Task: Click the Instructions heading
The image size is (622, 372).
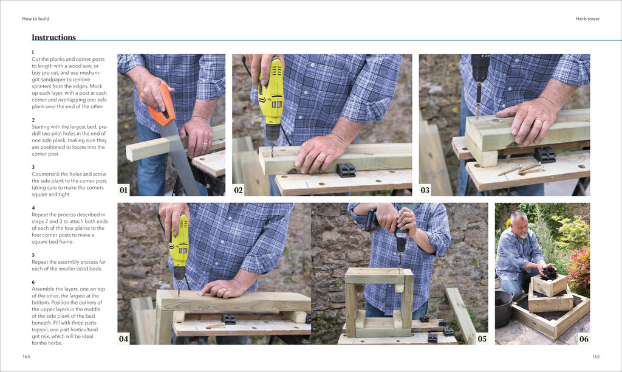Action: coord(53,38)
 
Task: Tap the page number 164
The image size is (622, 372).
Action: coord(26,356)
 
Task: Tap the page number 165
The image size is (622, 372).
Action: coord(596,356)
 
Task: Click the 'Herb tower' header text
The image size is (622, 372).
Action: coord(587,19)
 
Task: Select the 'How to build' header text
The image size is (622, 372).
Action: coord(36,19)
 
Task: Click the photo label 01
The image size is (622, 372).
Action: coord(124,190)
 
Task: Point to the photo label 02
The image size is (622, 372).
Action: coord(239,190)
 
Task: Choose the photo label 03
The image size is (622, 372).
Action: coord(425,190)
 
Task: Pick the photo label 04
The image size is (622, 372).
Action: coord(124,339)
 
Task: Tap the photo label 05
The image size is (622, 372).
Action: coord(482,339)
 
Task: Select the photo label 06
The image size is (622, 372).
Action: coord(584,339)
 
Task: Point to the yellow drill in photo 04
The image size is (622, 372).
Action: coord(179,246)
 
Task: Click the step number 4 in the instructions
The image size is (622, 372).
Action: coord(33,208)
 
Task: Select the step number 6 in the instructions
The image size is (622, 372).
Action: coord(33,282)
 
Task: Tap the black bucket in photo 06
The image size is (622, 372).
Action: coord(504,308)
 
